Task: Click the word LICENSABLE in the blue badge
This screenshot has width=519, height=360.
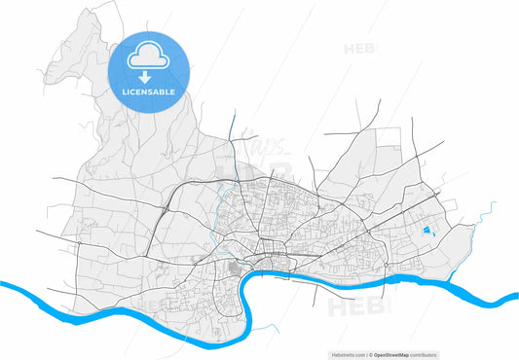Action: click(x=148, y=91)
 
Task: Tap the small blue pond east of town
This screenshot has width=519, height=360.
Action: click(x=428, y=231)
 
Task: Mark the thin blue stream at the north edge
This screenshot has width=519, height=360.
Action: click(x=232, y=126)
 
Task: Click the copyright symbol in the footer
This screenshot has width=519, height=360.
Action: click(x=370, y=354)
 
